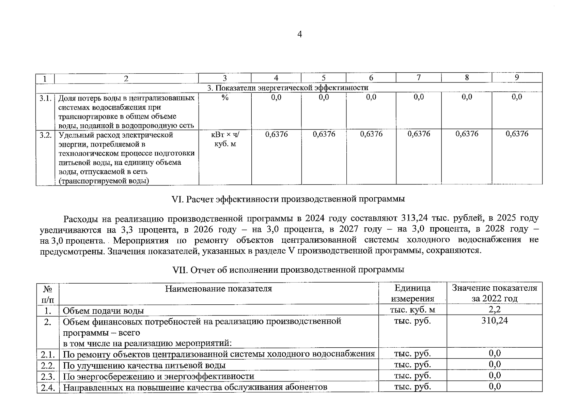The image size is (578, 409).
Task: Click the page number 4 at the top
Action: (x=299, y=34)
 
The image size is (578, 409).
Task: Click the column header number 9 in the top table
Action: (x=517, y=78)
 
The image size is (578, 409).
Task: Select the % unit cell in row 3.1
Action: (x=225, y=97)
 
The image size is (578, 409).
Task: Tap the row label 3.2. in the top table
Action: (x=45, y=135)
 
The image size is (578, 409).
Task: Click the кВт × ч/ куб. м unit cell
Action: (x=225, y=139)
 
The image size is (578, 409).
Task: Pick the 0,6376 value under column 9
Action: (x=517, y=134)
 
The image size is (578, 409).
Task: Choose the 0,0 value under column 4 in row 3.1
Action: (x=276, y=97)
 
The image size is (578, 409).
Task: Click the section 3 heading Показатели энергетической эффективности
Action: (x=288, y=88)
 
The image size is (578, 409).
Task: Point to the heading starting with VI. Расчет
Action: (x=289, y=199)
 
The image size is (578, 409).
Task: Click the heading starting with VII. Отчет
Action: (x=288, y=270)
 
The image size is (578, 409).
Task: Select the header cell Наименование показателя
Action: (x=218, y=289)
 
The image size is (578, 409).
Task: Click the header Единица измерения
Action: (x=412, y=293)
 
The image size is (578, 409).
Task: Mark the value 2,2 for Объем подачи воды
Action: (x=494, y=309)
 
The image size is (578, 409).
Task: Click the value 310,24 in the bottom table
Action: (x=494, y=321)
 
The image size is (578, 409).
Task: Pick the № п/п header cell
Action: (x=48, y=294)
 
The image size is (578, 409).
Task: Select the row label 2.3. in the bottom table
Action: (x=48, y=377)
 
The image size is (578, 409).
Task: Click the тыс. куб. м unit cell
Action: (x=412, y=310)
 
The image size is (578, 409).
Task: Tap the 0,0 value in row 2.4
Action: (x=495, y=387)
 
